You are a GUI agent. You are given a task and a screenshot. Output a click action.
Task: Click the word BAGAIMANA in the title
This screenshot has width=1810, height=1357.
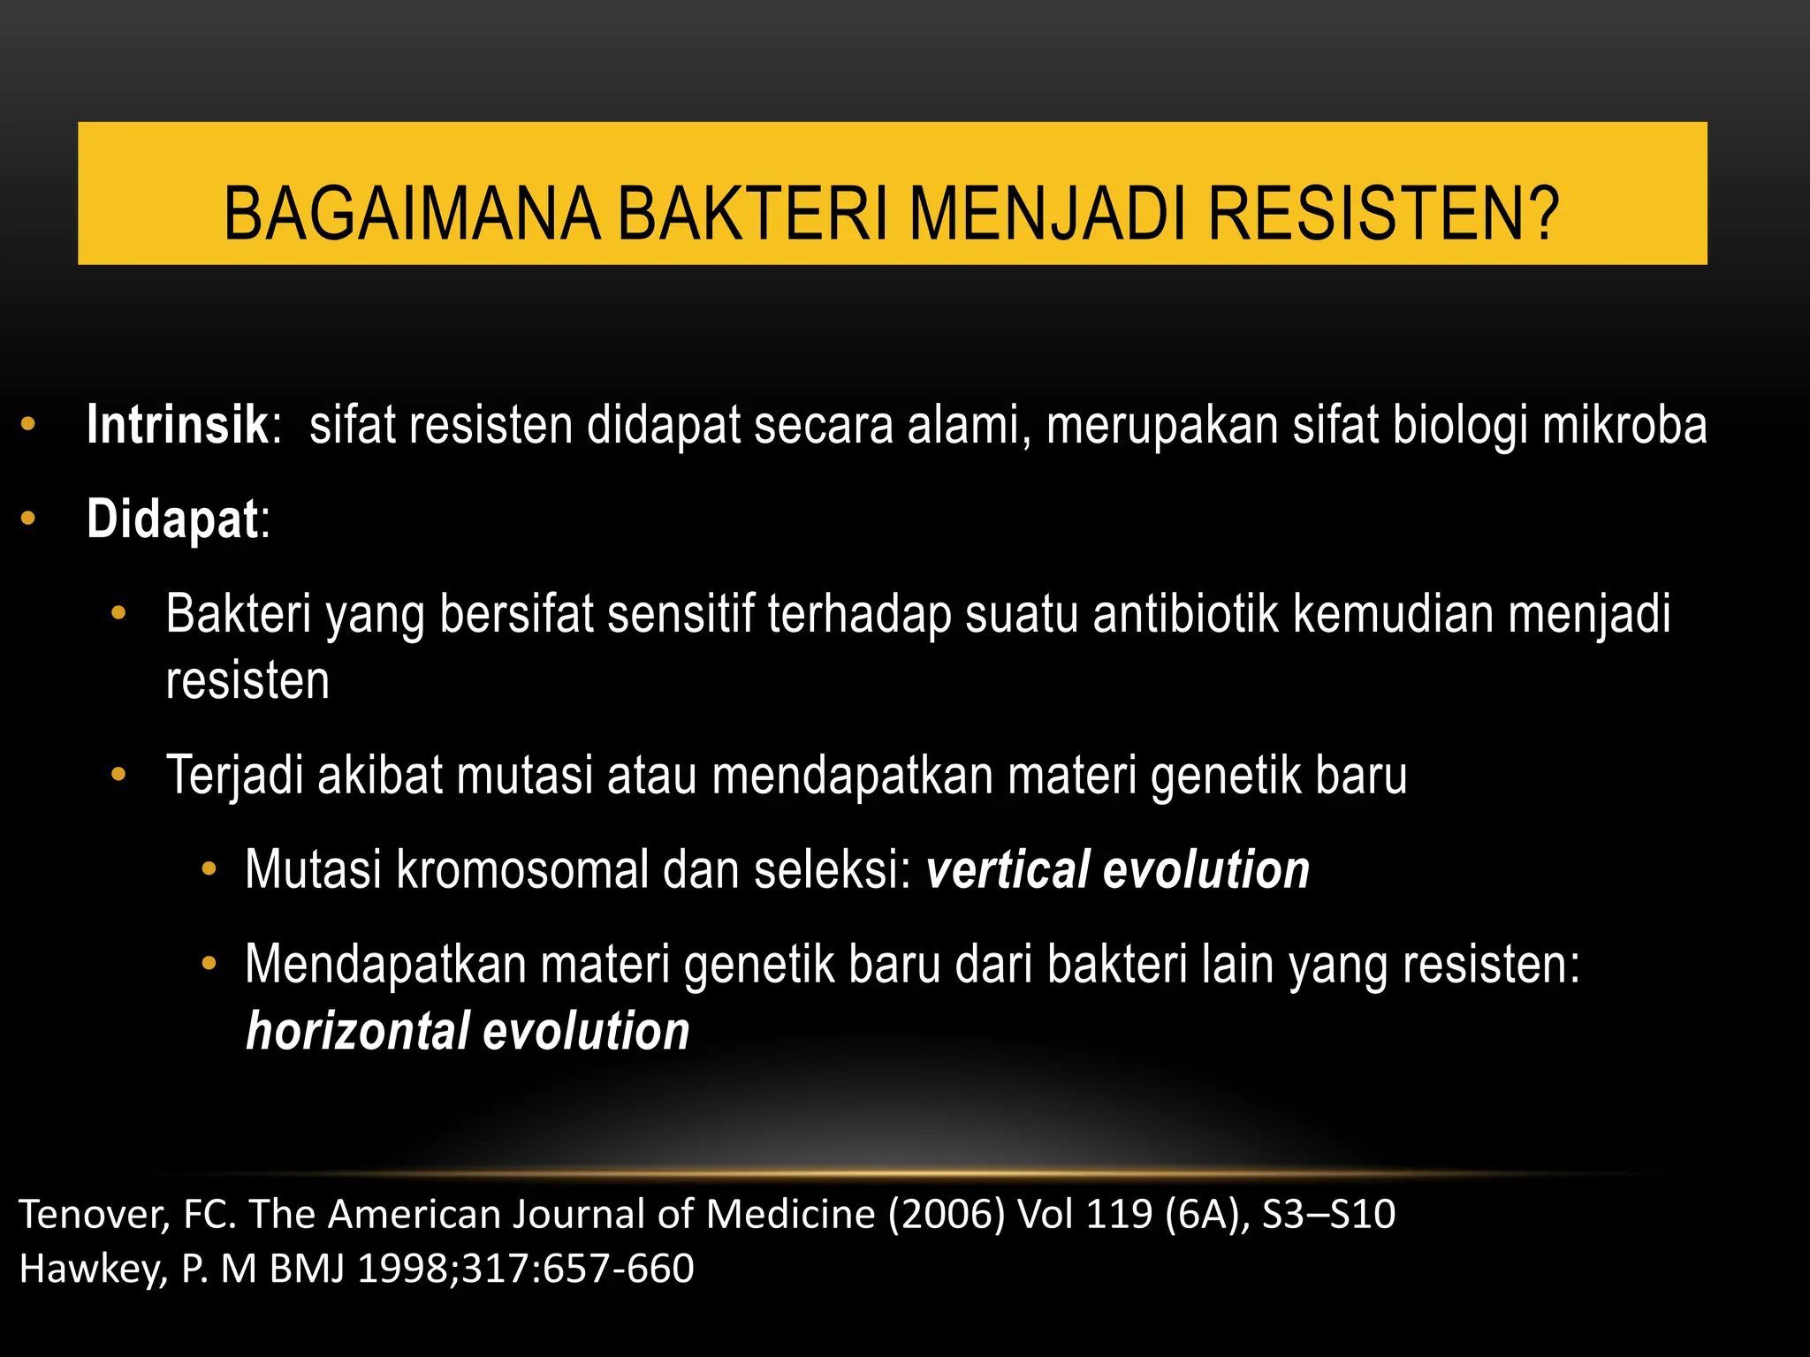click(x=412, y=215)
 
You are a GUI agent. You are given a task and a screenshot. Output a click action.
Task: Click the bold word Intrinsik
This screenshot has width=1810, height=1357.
click(x=177, y=425)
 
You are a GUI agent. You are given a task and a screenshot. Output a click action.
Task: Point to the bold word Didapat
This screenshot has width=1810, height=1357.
click(x=172, y=519)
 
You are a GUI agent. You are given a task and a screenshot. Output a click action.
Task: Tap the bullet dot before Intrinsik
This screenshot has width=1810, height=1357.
click(x=28, y=424)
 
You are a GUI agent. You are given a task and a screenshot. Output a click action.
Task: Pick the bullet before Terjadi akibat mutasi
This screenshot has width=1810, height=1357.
click(x=119, y=775)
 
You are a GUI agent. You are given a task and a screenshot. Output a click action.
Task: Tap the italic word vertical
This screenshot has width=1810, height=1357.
click(x=1007, y=869)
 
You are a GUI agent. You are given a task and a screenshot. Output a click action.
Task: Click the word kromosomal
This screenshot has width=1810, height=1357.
click(x=522, y=869)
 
